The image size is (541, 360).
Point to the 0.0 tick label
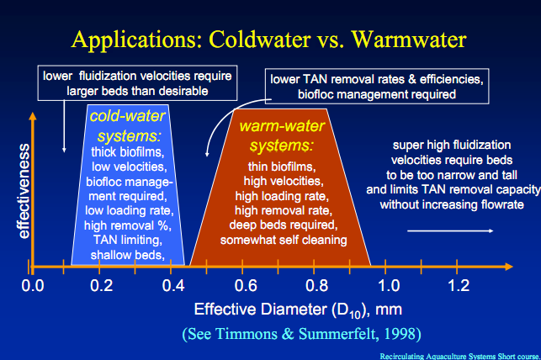(33, 285)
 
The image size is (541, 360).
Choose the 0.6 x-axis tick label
(245, 285)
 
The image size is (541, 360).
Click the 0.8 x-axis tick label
(316, 285)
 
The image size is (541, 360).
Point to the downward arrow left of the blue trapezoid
(64, 127)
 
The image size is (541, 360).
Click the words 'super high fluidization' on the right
(449, 146)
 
